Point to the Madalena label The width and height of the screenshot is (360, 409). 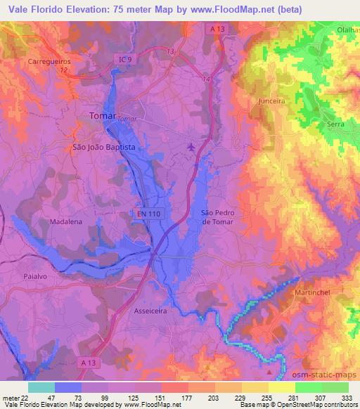(x=67, y=221)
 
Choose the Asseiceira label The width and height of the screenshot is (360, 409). (x=153, y=309)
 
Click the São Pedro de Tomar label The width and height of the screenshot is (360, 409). (x=217, y=216)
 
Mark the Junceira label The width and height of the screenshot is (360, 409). (x=271, y=100)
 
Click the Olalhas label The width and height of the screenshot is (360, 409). (x=347, y=31)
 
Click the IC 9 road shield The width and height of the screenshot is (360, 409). (x=124, y=60)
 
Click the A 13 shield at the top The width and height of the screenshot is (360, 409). (x=217, y=29)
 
